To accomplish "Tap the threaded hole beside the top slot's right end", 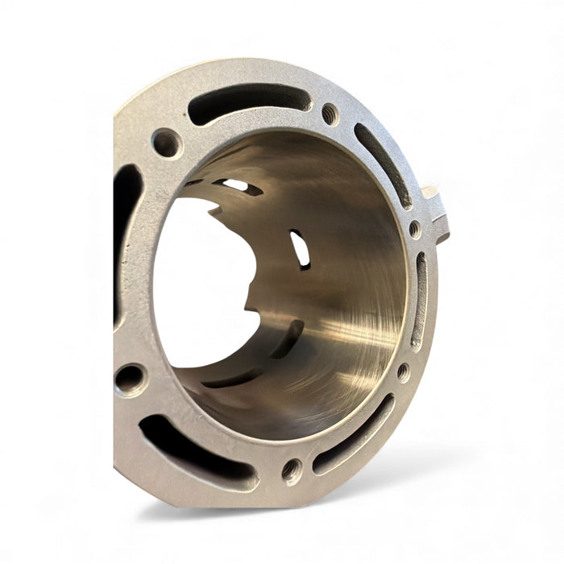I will [330, 114].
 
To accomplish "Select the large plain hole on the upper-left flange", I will [167, 143].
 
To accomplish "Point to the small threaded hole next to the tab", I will [414, 229].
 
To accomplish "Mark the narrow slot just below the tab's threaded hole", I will [420, 298].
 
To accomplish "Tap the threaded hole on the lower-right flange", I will [403, 371].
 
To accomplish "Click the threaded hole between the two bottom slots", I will [292, 469].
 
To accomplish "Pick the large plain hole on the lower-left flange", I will [130, 378].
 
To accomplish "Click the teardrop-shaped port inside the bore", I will [300, 248].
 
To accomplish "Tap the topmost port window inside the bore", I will [238, 186].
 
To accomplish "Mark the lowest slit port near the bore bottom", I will [234, 378].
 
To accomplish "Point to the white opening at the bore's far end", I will [201, 282].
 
